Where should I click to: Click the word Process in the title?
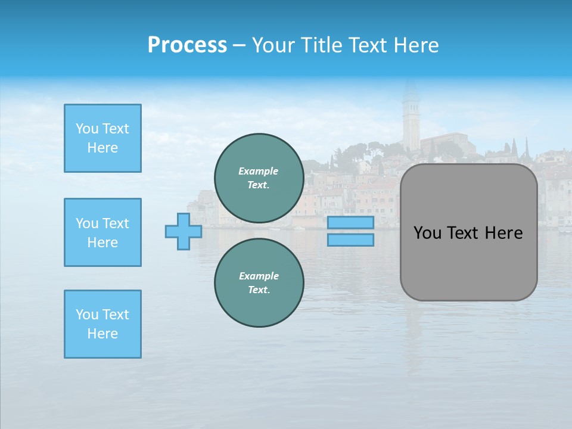click(x=187, y=45)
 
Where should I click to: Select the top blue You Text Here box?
click(x=102, y=138)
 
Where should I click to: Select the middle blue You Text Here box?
click(x=102, y=232)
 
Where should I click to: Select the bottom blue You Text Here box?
click(x=102, y=324)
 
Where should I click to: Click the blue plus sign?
click(x=184, y=231)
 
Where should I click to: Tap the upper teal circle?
click(x=259, y=178)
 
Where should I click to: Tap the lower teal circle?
click(x=259, y=283)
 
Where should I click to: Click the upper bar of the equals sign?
click(x=350, y=222)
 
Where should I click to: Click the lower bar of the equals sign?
click(x=350, y=240)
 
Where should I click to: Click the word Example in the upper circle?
click(x=259, y=171)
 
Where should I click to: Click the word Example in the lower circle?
click(x=259, y=276)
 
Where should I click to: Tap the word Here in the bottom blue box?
click(x=102, y=334)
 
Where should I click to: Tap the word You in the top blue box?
click(x=87, y=129)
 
